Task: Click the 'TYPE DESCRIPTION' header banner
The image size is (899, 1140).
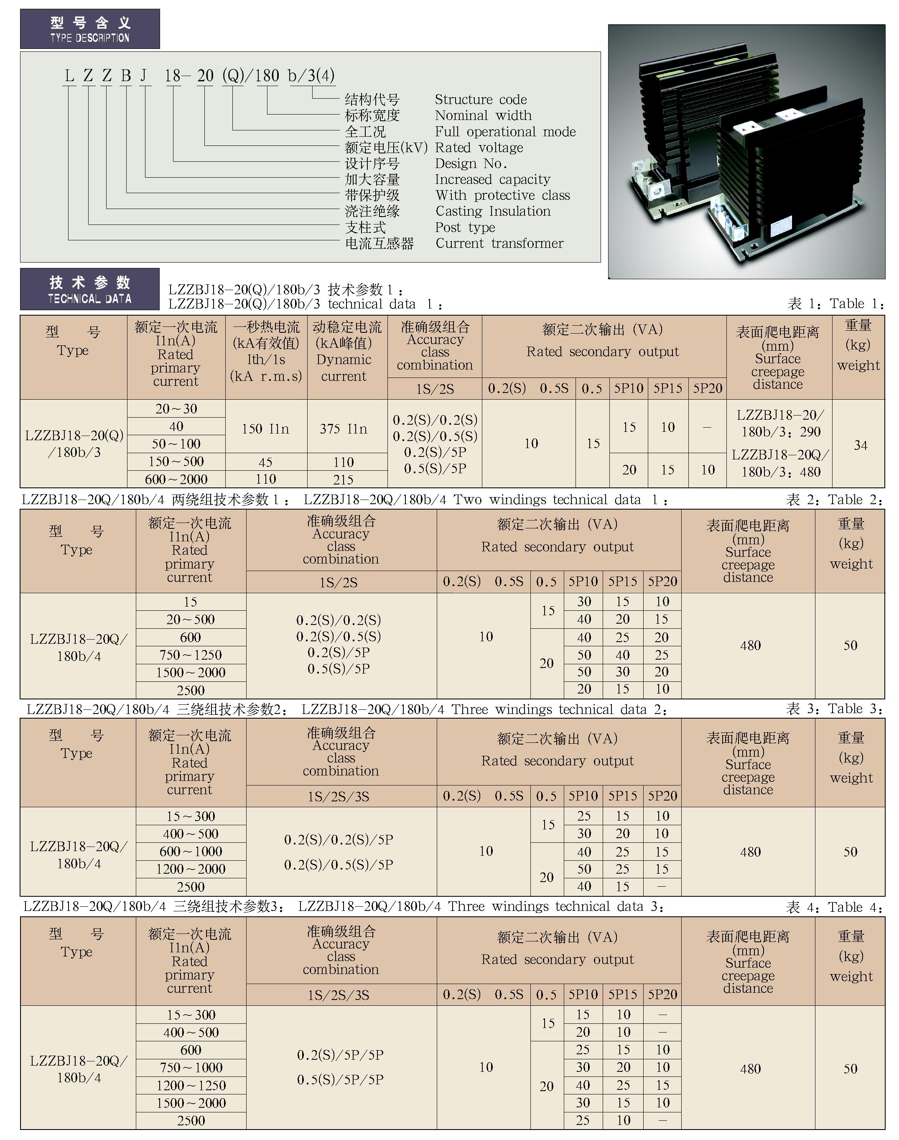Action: point(90,29)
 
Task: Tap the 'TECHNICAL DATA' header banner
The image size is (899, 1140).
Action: point(90,289)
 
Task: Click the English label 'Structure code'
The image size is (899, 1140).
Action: point(481,99)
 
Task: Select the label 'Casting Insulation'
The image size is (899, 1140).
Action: point(493,211)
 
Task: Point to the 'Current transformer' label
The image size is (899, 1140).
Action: point(499,243)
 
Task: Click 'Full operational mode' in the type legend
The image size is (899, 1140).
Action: point(505,132)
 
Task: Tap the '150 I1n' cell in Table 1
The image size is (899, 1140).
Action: point(266,429)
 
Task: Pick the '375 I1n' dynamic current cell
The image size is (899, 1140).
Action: point(344,429)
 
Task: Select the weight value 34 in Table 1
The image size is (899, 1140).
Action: point(861,445)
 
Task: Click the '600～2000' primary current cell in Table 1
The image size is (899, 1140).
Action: point(176,479)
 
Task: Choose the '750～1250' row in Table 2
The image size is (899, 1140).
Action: point(191,655)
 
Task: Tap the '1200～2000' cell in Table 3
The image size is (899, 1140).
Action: point(191,869)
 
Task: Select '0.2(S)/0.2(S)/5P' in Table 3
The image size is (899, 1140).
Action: point(339,839)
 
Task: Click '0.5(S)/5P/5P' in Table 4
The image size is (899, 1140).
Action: point(340,1079)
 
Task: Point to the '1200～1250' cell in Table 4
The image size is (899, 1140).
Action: point(191,1085)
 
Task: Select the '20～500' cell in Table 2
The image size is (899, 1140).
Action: point(191,620)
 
